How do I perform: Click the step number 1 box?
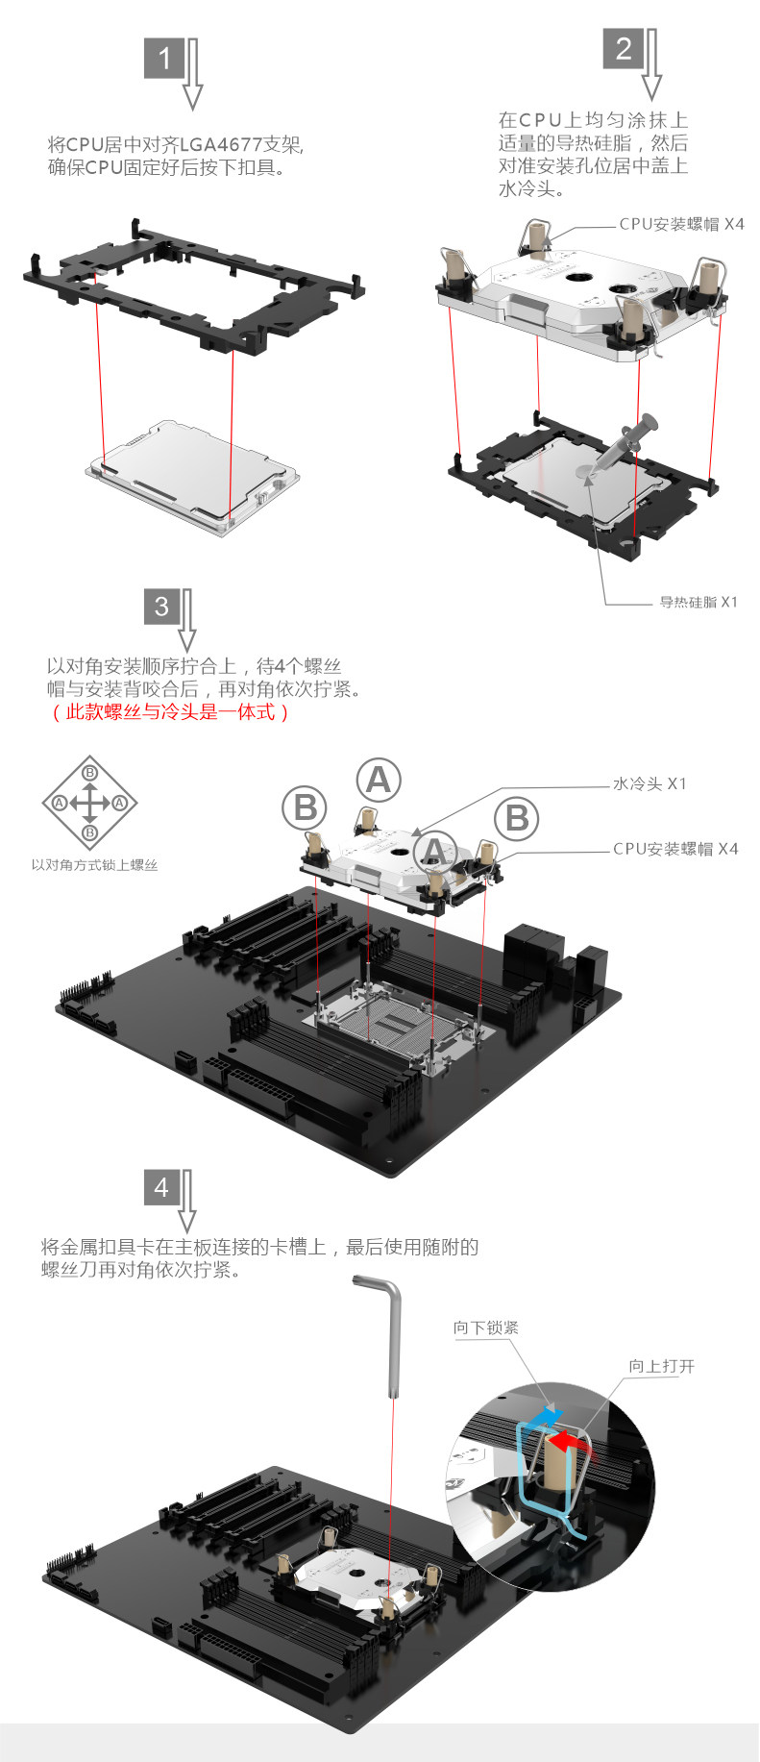point(164,59)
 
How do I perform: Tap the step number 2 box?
point(624,48)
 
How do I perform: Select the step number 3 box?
point(161,607)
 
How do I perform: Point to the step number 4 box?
point(161,1187)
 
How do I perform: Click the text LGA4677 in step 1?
point(220,145)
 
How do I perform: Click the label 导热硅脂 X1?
point(699,603)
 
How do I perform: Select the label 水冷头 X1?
point(650,784)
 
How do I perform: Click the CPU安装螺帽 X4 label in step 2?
point(681,224)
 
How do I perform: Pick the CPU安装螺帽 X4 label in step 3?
point(675,849)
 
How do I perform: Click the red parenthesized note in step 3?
point(169,712)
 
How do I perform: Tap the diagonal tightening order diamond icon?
point(89,803)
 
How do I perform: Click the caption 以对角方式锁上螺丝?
point(94,865)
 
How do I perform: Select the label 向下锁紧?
point(486,1328)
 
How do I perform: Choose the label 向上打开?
point(662,1366)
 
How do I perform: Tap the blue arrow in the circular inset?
point(544,1416)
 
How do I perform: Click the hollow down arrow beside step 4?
point(187,1201)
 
